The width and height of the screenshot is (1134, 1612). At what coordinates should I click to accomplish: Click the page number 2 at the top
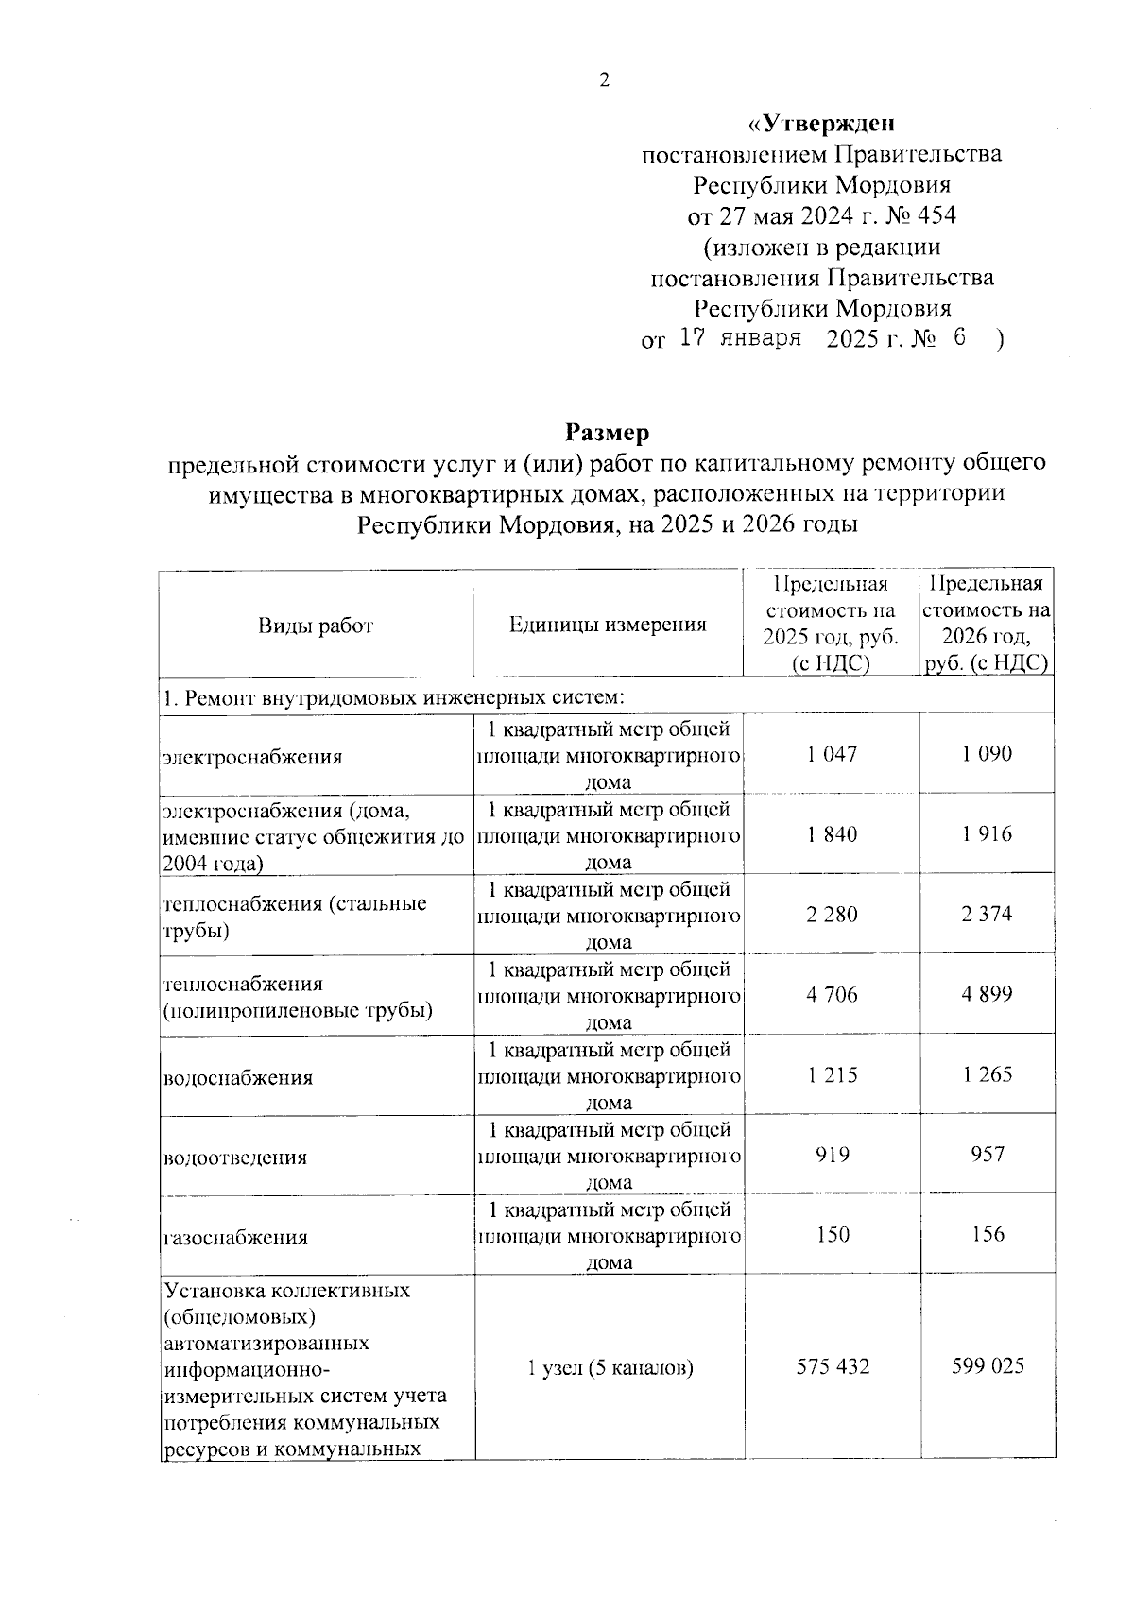pyautogui.click(x=604, y=80)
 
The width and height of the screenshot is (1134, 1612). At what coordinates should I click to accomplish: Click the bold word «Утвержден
pyautogui.click(x=821, y=123)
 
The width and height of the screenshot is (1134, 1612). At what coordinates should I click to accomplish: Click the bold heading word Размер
pyautogui.click(x=608, y=433)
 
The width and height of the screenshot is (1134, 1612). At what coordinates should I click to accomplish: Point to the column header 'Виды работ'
pyautogui.click(x=316, y=626)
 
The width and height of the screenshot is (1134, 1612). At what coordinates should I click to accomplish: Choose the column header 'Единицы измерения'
pyautogui.click(x=608, y=625)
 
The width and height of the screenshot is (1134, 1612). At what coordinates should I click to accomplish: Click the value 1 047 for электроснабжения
pyautogui.click(x=832, y=754)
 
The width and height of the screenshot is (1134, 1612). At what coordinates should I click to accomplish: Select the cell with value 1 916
pyautogui.click(x=988, y=833)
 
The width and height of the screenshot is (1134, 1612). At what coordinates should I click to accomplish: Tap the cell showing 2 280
pyautogui.click(x=832, y=914)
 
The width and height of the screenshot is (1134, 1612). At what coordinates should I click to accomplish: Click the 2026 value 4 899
pyautogui.click(x=988, y=994)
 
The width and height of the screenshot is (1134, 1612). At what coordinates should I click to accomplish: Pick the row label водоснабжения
pyautogui.click(x=238, y=1077)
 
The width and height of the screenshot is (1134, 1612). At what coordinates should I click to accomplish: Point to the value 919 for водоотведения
pyautogui.click(x=832, y=1155)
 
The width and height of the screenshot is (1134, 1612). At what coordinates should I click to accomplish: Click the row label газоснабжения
pyautogui.click(x=236, y=1237)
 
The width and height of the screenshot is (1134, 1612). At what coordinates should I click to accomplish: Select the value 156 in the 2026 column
pyautogui.click(x=988, y=1234)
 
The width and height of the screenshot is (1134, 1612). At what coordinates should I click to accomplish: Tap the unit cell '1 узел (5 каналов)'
pyautogui.click(x=610, y=1367)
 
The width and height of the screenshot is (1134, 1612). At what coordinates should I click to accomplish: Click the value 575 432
pyautogui.click(x=832, y=1366)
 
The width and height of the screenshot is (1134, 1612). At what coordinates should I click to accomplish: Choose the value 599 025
pyautogui.click(x=988, y=1366)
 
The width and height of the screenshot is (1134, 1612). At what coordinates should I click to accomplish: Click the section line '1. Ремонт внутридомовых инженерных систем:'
pyautogui.click(x=394, y=698)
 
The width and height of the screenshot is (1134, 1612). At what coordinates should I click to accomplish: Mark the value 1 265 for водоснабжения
pyautogui.click(x=988, y=1074)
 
